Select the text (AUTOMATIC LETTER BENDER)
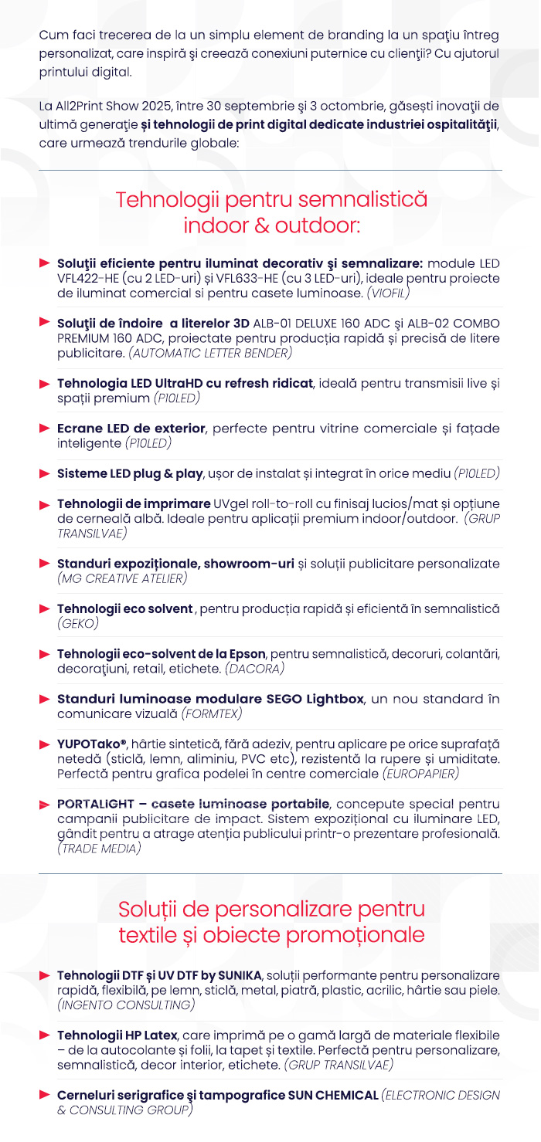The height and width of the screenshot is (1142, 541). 210,353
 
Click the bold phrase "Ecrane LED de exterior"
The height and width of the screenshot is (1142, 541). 131,428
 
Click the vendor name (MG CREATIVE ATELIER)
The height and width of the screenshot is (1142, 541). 122,578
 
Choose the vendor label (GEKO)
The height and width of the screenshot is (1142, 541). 77,622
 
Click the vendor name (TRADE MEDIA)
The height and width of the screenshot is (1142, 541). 99,849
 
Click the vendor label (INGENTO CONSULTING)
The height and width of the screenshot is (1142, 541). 125,1005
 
